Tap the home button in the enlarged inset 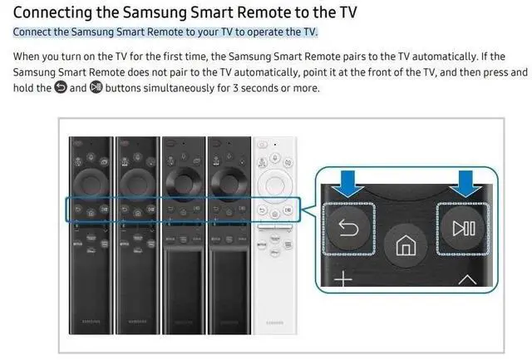405,247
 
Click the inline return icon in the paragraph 60,88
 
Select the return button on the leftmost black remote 76,210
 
